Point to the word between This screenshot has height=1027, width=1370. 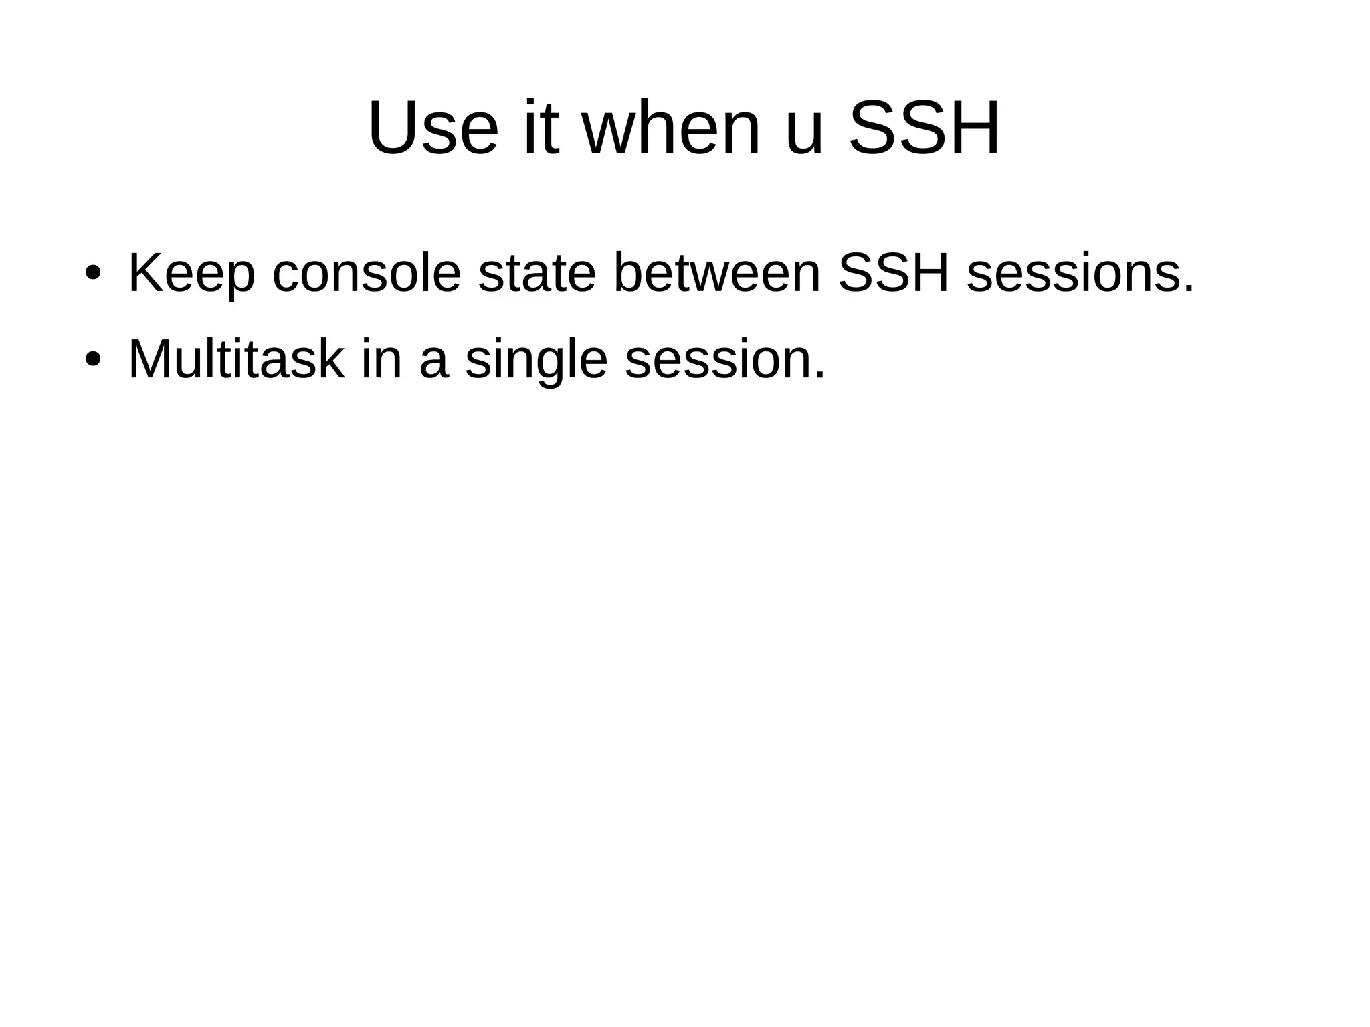tap(716, 273)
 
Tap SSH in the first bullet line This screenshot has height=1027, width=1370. tap(894, 273)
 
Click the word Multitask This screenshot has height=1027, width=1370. tap(236, 359)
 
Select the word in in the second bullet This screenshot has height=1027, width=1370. tap(382, 359)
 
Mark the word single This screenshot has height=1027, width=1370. tap(536, 361)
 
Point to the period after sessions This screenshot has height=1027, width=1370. tap(1188, 290)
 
